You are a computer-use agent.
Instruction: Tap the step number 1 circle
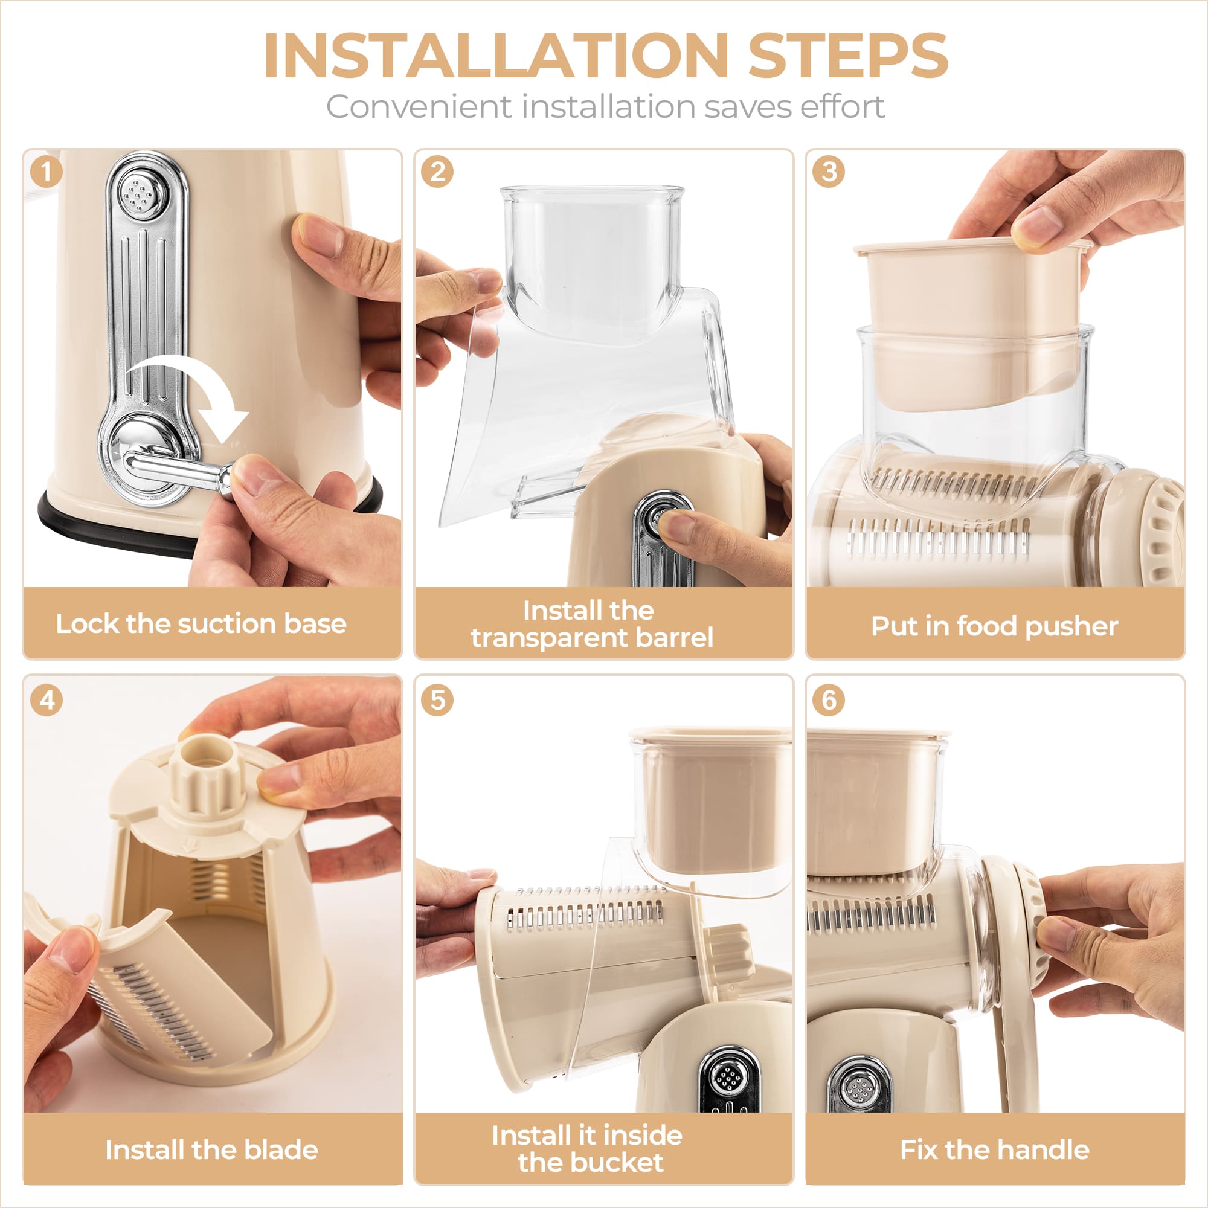(47, 172)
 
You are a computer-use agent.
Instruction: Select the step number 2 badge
(437, 172)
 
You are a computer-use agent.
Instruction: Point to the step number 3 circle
(829, 172)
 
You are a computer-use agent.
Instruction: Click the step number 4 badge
(47, 699)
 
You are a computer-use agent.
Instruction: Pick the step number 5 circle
(437, 699)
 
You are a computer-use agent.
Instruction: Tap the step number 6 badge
(829, 699)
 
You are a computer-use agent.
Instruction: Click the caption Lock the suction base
(201, 624)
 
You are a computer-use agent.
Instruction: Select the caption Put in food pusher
(994, 626)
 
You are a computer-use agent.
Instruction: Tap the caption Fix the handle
(994, 1149)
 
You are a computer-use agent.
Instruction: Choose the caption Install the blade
(211, 1149)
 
